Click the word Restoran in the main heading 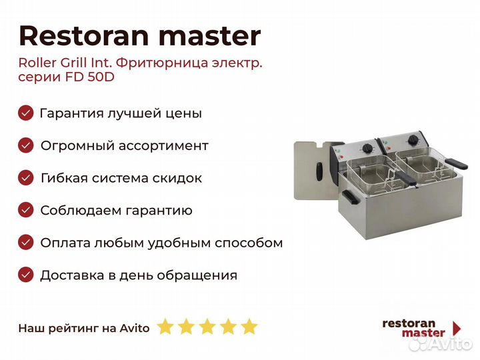coord(84,36)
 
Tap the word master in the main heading coord(210,37)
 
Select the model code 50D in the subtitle coord(101,77)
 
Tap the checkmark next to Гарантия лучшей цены coord(26,113)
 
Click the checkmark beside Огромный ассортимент coord(26,145)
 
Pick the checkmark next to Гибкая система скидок coord(26,177)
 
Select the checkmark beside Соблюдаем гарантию coord(26,210)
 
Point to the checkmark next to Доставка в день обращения coord(26,275)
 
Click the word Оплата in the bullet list coord(65,243)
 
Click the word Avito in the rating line coord(135,328)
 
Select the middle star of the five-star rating coord(207,326)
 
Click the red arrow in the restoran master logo coord(457,328)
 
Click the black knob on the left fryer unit coord(367,149)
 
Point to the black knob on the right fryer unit coord(413,140)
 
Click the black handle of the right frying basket coord(456,164)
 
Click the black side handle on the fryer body coord(351,197)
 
